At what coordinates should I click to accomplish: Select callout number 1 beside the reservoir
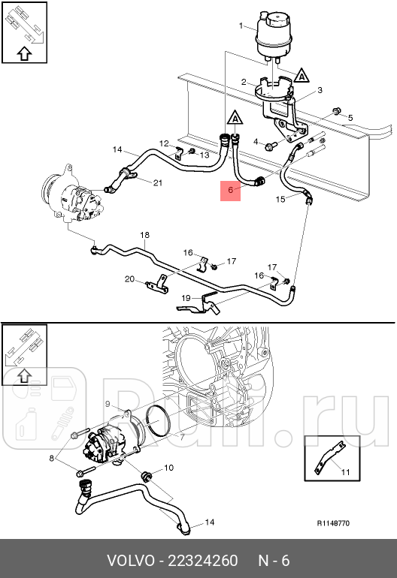241,27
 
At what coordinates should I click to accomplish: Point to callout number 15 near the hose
280,199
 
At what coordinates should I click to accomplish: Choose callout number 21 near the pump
157,183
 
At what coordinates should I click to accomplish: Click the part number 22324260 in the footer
203,561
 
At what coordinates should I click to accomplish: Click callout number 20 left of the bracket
129,279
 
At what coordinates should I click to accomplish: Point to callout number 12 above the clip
164,143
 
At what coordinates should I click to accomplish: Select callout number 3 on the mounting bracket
319,90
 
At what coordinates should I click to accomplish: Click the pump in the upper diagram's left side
71,196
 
